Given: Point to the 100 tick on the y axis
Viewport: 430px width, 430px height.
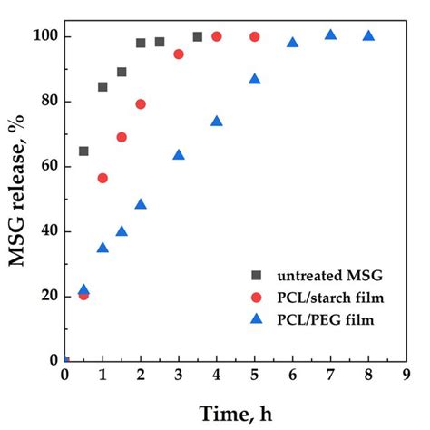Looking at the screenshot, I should pyautogui.click(x=44, y=36).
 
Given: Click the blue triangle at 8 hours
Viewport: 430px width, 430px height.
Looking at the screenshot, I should pyautogui.click(x=368, y=36).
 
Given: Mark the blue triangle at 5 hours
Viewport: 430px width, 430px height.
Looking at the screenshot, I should pyautogui.click(x=254, y=79).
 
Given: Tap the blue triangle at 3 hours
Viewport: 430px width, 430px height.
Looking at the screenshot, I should pyautogui.click(x=179, y=155).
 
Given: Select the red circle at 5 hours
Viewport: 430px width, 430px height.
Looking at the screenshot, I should pyautogui.click(x=254, y=36).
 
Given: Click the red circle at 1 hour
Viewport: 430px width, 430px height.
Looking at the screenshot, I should pyautogui.click(x=103, y=178).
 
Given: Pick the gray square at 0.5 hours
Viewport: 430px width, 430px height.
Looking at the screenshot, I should pyautogui.click(x=83, y=151).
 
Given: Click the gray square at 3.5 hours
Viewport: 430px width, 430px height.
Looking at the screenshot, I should pyautogui.click(x=198, y=36).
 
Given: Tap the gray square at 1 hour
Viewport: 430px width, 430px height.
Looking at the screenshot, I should pyautogui.click(x=103, y=87).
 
